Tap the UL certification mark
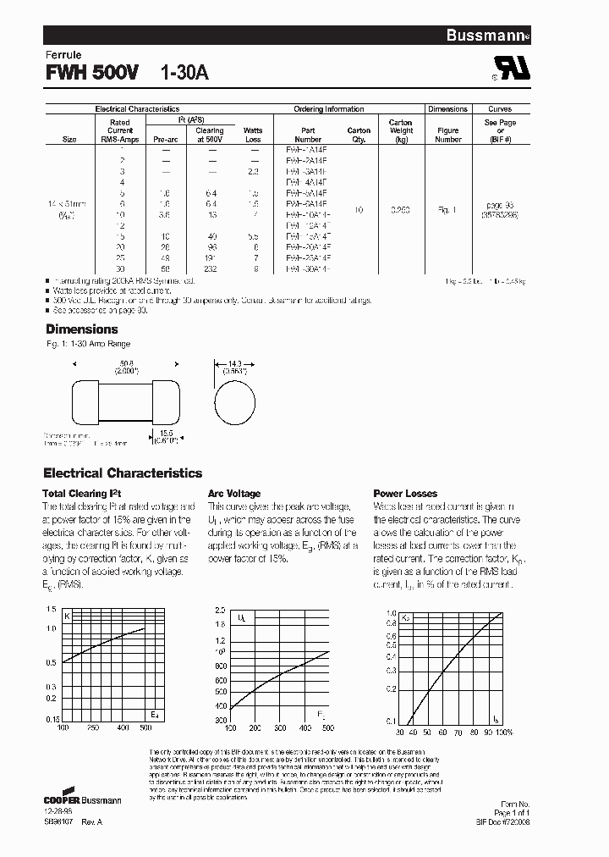coord(513,71)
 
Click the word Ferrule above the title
coord(63,55)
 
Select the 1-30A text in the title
coord(184,73)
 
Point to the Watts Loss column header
coord(253,135)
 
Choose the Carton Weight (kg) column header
coord(401,130)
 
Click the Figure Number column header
coord(447,135)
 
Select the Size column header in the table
coord(69,140)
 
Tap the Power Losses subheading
coord(405,493)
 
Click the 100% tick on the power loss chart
coord(505,732)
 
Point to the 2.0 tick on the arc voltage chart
coord(220,610)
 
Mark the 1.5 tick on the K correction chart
coord(52,610)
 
